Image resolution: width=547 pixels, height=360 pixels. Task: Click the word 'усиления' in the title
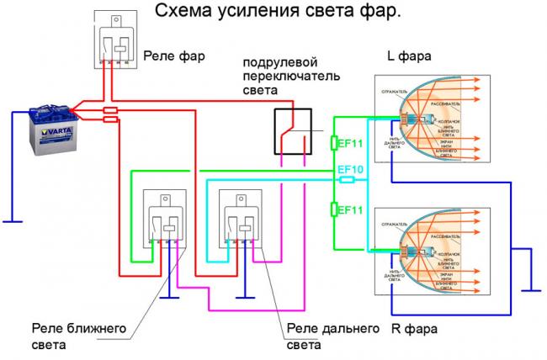pyautogui.click(x=258, y=12)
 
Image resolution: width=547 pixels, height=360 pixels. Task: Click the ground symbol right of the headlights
pyautogui.click(x=530, y=289)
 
